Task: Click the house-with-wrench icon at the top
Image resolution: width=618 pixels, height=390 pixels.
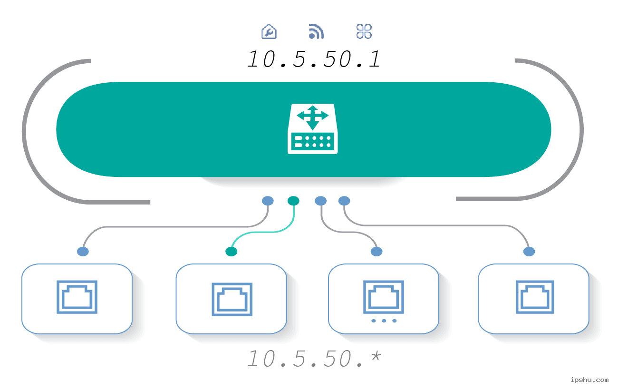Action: click(269, 31)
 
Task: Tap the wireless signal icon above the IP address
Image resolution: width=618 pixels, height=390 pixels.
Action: click(317, 31)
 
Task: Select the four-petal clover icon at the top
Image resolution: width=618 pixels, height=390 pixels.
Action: click(364, 31)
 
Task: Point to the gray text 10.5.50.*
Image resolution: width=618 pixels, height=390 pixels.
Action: click(314, 359)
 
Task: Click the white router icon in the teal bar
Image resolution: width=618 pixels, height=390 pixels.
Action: click(312, 129)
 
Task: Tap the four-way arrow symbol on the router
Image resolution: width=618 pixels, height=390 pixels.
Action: click(312, 117)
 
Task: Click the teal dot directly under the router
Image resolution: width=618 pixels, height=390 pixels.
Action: click(293, 201)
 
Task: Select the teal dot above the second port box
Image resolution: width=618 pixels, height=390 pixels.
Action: click(232, 252)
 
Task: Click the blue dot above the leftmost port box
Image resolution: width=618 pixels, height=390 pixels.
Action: click(83, 252)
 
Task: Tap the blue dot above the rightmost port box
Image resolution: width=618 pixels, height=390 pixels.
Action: click(529, 252)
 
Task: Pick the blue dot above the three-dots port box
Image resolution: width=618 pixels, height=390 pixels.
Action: click(377, 252)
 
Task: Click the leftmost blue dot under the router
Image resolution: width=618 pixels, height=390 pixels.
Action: click(268, 201)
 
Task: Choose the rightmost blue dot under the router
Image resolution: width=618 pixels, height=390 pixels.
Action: click(344, 201)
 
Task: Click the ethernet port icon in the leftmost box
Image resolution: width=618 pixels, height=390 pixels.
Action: click(77, 297)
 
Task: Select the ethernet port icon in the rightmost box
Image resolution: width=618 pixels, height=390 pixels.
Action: click(535, 297)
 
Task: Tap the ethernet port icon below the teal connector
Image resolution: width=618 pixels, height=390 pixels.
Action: click(232, 300)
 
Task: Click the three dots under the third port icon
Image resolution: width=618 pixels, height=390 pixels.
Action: click(384, 321)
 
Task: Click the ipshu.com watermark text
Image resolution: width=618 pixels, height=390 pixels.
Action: click(589, 380)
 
